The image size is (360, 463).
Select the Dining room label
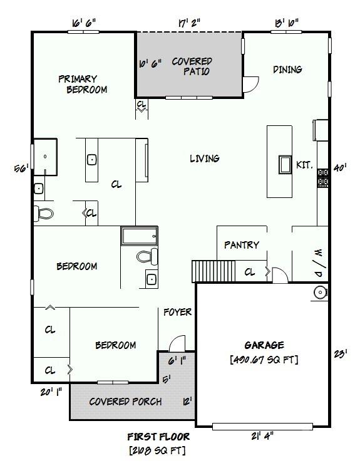coord(287,70)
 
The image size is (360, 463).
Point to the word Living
coord(205,159)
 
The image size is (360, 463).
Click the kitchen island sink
coord(285,164)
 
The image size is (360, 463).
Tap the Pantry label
coord(241,245)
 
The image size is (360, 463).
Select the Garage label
coord(264,345)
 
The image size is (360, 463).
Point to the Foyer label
coord(177,312)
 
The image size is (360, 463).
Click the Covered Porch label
coord(125,402)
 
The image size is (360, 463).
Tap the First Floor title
coord(158,437)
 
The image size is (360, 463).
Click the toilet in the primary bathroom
coord(44,213)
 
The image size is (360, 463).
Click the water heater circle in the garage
coord(320,292)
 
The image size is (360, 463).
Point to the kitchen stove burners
coord(324,178)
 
